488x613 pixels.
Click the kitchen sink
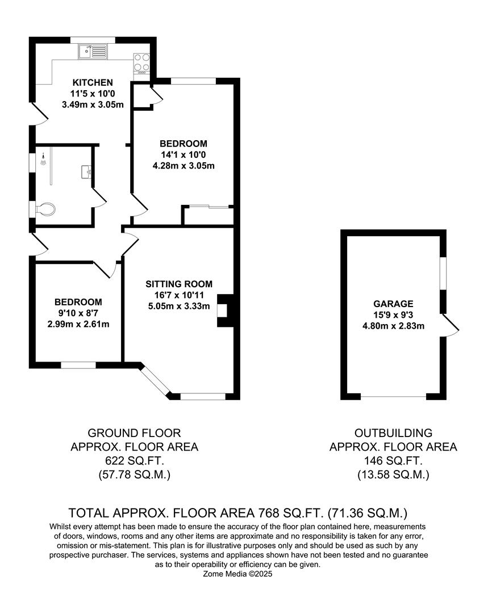[x=93, y=51]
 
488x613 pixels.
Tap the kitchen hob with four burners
[x=141, y=64]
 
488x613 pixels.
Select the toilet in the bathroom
[x=45, y=209]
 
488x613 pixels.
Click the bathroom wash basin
[x=86, y=172]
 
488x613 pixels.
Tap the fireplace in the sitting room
[x=225, y=310]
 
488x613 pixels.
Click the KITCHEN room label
[x=93, y=82]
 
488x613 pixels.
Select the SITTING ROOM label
[x=179, y=284]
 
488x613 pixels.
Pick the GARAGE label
[x=393, y=304]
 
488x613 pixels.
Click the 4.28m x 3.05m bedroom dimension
[x=183, y=165]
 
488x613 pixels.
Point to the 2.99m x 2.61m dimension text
[x=78, y=324]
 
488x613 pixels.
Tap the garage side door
[x=451, y=325]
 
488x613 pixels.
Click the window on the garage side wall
[x=443, y=273]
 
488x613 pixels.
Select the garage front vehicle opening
[x=393, y=397]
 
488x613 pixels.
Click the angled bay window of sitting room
[x=155, y=379]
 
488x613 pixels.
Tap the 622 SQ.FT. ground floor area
[x=134, y=460]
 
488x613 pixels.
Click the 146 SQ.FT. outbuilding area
[x=393, y=460]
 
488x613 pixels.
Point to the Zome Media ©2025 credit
[x=237, y=574]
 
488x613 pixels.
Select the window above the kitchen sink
[x=93, y=40]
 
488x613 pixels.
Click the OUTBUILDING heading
[x=393, y=433]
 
